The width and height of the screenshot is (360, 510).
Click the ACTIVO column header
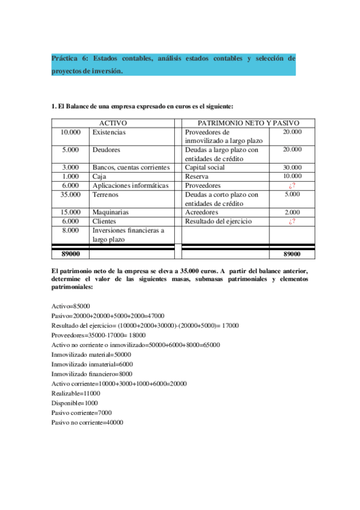pos(112,123)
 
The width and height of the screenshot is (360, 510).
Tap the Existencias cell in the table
pos(109,132)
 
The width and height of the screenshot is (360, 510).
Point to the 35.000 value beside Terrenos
pos(70,195)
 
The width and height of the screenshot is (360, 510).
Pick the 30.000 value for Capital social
pos(292,167)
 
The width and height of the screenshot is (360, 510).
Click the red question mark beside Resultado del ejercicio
pos(292,221)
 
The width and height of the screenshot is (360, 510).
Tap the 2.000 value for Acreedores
pos(292,212)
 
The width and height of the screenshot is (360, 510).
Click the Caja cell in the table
pos(99,176)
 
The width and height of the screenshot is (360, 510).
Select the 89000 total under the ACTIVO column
pos(71,254)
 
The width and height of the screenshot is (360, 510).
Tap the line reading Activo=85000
pos(72,306)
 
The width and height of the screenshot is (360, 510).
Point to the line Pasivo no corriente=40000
pos(87,422)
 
